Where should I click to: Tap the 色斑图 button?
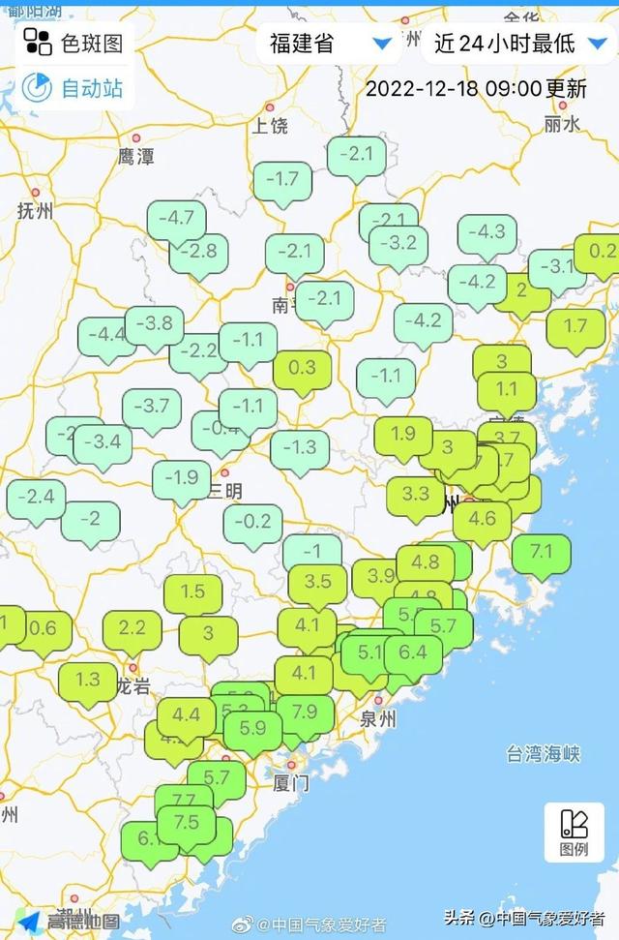75,42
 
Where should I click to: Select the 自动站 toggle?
75,88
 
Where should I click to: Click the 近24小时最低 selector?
517,43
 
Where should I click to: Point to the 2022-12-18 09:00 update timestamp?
476,88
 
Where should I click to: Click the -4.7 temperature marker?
176,219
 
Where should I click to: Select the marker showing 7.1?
542,552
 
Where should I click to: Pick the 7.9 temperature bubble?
305,713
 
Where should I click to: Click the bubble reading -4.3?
486,232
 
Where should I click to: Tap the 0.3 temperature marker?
302,368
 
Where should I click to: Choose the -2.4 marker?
36,498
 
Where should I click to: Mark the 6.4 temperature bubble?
413,652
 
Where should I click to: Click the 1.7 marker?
575,326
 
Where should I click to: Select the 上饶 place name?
270,125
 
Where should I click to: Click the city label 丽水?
561,124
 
